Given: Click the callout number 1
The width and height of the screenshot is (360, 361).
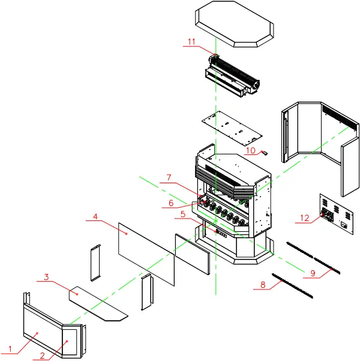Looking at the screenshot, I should (x=9, y=348).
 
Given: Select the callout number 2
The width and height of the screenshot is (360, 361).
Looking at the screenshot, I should (x=43, y=355).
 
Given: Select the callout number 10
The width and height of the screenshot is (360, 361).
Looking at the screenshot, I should (x=251, y=150).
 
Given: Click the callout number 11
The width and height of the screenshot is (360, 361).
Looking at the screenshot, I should (x=191, y=41).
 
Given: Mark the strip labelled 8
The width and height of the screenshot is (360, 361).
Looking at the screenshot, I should (x=293, y=285).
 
